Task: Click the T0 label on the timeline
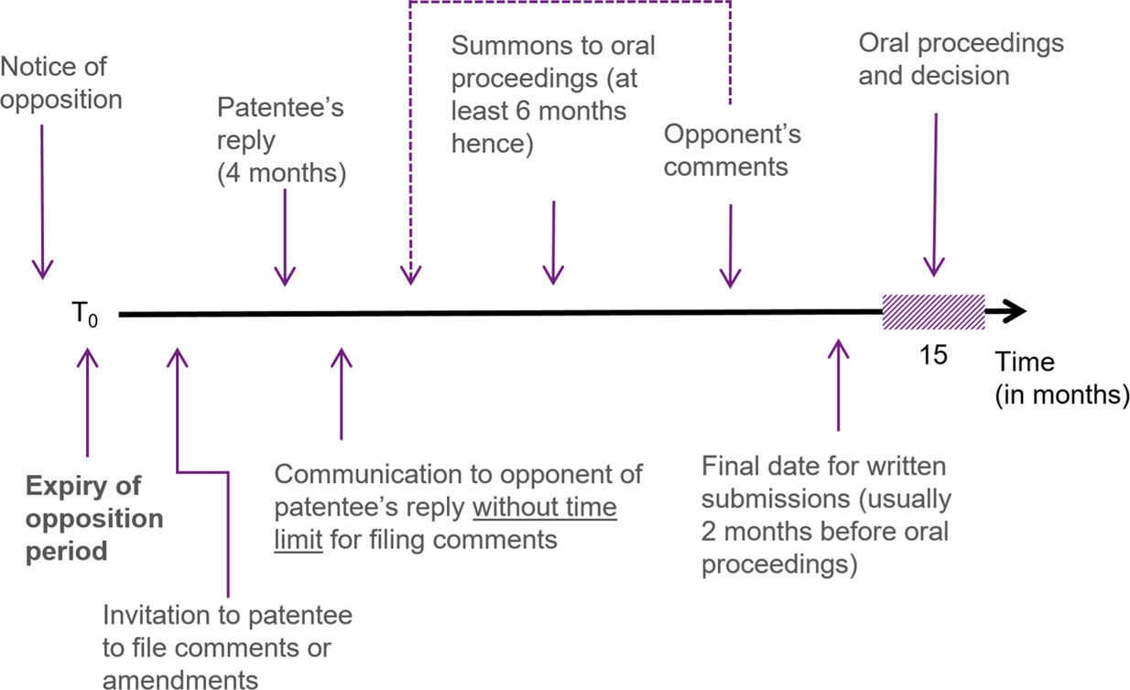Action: tap(83, 316)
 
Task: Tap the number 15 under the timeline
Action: tap(933, 355)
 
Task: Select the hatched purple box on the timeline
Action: tap(932, 313)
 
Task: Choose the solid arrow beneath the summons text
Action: tap(552, 243)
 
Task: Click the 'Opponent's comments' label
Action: tap(732, 151)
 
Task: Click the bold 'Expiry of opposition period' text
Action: tap(93, 518)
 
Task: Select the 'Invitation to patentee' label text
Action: tap(227, 646)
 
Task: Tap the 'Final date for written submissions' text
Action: tap(825, 516)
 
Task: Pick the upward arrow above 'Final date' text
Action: tap(837, 384)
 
